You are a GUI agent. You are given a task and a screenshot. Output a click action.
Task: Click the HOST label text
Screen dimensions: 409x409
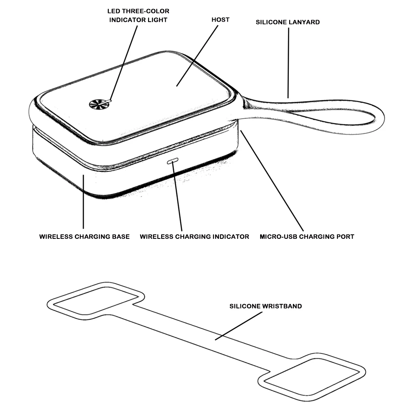pos(220,20)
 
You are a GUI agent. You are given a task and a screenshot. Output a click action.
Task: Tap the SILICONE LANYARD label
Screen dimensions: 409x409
pos(288,22)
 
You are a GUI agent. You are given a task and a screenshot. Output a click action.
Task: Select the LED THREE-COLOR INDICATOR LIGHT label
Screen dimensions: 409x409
pos(139,15)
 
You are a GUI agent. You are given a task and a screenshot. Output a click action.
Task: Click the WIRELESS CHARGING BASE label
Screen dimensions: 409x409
pos(84,236)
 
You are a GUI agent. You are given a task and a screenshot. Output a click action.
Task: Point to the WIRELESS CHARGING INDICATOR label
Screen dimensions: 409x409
pos(194,236)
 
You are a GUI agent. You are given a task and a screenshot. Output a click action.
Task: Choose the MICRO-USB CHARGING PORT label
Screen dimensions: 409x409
pos(307,236)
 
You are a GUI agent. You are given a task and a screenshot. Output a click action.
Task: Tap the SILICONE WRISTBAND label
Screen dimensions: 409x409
pos(265,306)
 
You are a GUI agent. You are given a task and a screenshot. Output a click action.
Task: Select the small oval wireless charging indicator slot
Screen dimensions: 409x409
pos(173,161)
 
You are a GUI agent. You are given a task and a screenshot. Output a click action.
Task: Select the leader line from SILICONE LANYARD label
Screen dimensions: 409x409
pos(288,61)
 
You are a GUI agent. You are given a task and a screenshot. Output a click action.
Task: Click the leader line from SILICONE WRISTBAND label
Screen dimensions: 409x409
pos(239,326)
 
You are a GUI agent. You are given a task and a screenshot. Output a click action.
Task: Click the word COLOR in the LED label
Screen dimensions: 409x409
pos(157,11)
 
